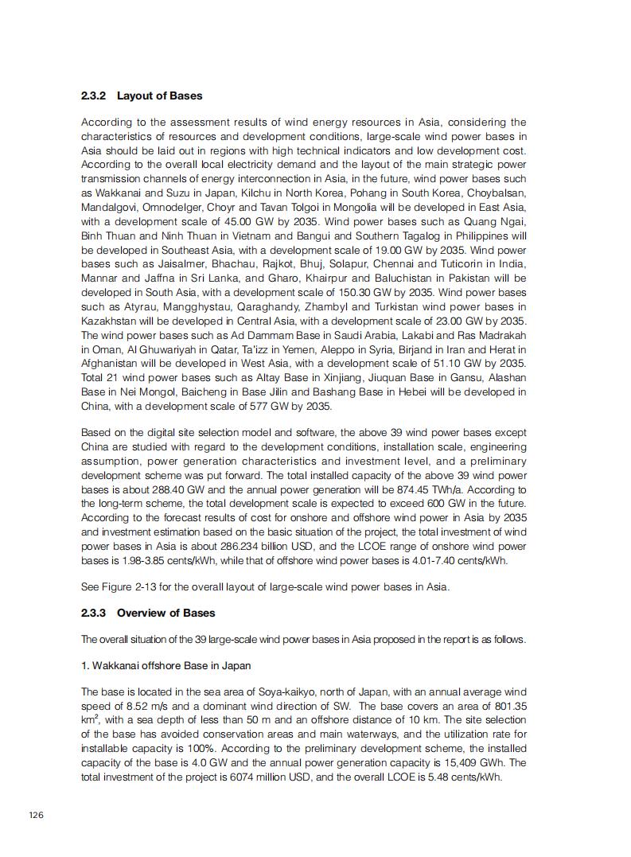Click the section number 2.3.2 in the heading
(94, 95)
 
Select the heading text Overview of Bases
(166, 613)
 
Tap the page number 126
(37, 815)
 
